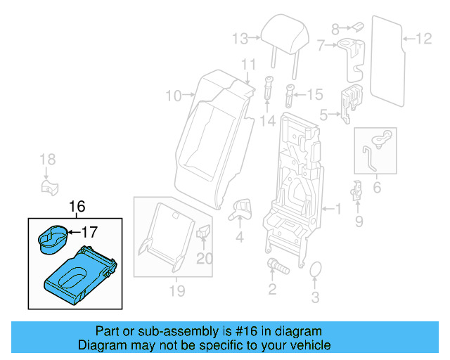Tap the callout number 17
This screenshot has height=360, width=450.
[92, 231]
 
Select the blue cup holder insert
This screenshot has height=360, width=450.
[51, 239]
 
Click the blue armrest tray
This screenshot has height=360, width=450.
[78, 276]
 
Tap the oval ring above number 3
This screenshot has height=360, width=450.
[316, 271]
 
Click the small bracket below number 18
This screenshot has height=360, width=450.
[47, 187]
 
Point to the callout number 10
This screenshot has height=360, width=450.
[174, 94]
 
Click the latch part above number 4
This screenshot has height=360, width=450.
[241, 207]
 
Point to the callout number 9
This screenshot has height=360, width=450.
[359, 223]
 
